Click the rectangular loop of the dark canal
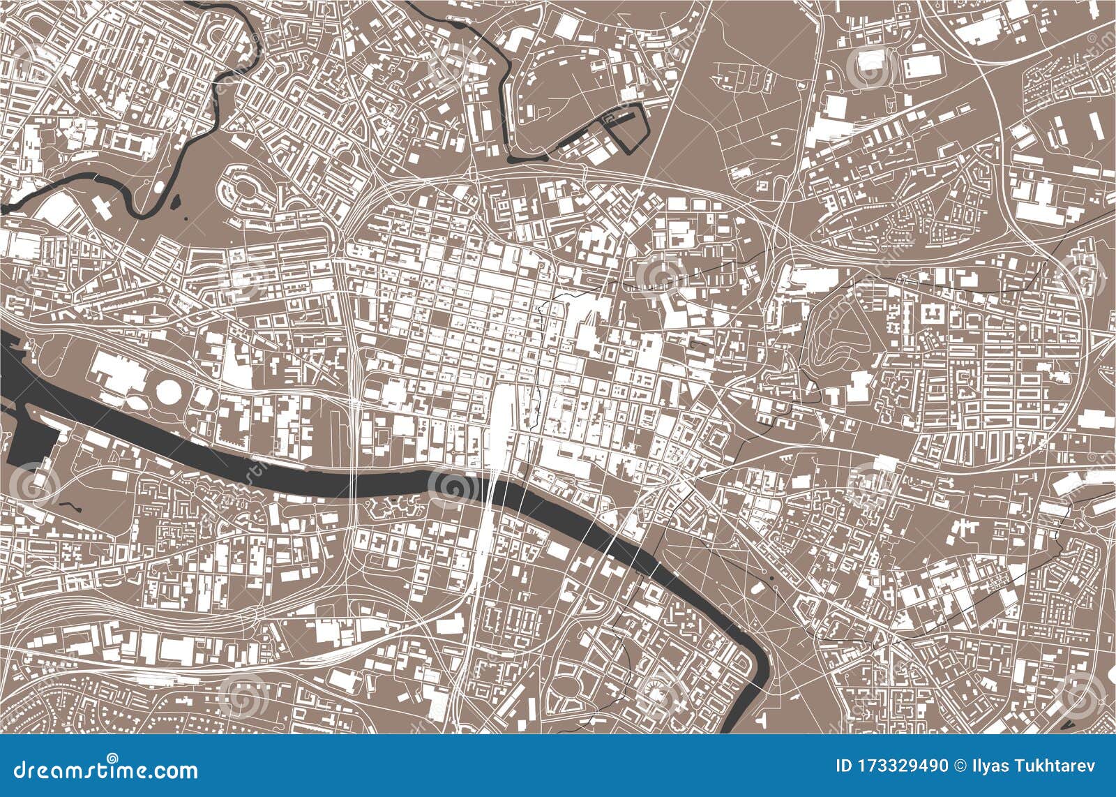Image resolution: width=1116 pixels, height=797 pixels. (x=626, y=126)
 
